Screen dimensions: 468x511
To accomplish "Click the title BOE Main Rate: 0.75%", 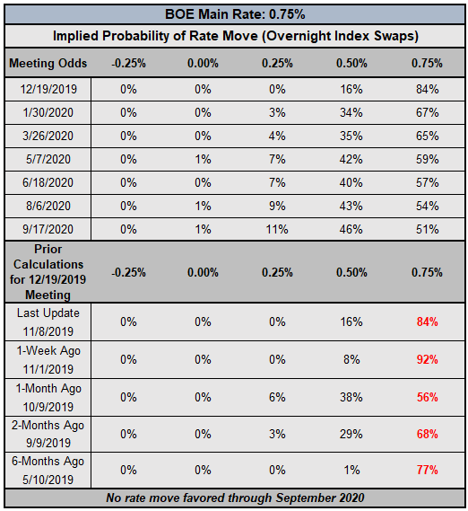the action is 235,14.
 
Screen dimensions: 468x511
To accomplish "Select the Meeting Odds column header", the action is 48,63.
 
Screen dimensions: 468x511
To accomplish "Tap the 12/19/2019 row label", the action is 48,89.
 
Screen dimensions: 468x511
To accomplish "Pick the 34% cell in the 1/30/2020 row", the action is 351,113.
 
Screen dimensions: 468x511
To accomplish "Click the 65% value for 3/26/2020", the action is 428,136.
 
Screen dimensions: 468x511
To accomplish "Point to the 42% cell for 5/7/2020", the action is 351,159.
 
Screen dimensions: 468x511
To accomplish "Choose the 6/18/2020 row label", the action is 48,182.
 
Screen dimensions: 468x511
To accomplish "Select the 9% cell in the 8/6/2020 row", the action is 277,206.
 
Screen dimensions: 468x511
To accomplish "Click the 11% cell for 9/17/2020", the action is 277,229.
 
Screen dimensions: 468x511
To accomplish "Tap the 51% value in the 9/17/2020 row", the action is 428,229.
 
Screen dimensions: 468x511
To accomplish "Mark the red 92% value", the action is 428,359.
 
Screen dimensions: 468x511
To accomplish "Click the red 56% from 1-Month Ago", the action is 428,397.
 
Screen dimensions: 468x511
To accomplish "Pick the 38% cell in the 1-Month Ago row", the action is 351,397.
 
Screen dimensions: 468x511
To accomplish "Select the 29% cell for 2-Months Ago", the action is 351,434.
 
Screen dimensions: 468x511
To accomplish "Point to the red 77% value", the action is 428,470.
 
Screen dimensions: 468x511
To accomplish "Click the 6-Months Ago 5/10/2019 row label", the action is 48,471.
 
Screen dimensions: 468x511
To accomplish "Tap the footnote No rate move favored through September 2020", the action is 235,498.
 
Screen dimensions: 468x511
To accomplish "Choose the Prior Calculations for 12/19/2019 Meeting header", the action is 48,272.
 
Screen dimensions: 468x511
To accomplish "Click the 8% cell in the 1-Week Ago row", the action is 351,359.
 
